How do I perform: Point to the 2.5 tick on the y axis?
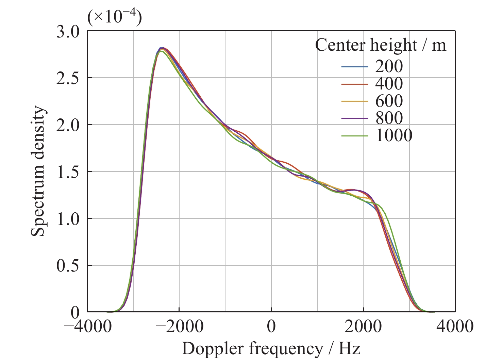(x=68, y=78)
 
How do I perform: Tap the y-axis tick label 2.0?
(x=68, y=125)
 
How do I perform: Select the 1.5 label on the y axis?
(x=68, y=172)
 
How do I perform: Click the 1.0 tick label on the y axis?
(x=68, y=218)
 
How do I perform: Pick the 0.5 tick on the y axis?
(x=68, y=265)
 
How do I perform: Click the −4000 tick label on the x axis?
(x=88, y=327)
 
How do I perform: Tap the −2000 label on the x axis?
(x=180, y=327)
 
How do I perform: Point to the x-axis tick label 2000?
(x=363, y=327)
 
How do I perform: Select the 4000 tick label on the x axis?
(x=455, y=327)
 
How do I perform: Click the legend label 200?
(x=389, y=66)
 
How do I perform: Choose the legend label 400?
(x=389, y=84)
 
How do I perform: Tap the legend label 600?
(x=389, y=101)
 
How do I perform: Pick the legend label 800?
(x=389, y=118)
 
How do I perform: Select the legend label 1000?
(x=394, y=136)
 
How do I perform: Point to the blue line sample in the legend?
(x=355, y=67)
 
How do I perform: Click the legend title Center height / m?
(x=381, y=45)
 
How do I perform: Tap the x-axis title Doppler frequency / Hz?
(x=271, y=349)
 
